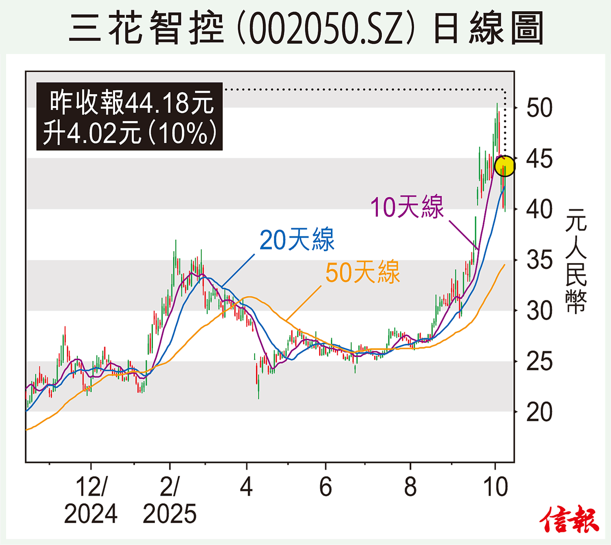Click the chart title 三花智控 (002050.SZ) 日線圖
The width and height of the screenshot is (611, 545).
pos(305,28)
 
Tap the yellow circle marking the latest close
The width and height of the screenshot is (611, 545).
pos(505,166)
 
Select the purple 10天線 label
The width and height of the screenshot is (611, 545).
pos(407,207)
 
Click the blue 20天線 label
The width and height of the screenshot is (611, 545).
pos(297,239)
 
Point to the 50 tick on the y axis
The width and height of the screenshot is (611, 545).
pos(539,108)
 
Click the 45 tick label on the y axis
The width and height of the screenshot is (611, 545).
pos(539,159)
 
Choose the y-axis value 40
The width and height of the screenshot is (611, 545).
pos(539,209)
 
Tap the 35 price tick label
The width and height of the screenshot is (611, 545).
pos(539,260)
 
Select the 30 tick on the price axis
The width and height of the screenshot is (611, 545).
pos(539,311)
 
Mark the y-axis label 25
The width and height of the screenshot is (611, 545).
pos(539,362)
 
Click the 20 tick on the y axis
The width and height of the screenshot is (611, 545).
pos(539,412)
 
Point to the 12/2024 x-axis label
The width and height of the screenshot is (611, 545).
pos(91,500)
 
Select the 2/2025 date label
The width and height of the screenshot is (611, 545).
pos(170,500)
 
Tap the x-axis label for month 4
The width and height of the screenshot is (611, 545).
pos(246,487)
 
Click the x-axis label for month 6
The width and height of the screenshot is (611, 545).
pos(325,487)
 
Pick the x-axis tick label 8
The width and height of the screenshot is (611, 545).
pos(410,487)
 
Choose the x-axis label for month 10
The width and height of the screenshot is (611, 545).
pos(495,487)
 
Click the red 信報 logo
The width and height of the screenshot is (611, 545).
pos(569,520)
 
